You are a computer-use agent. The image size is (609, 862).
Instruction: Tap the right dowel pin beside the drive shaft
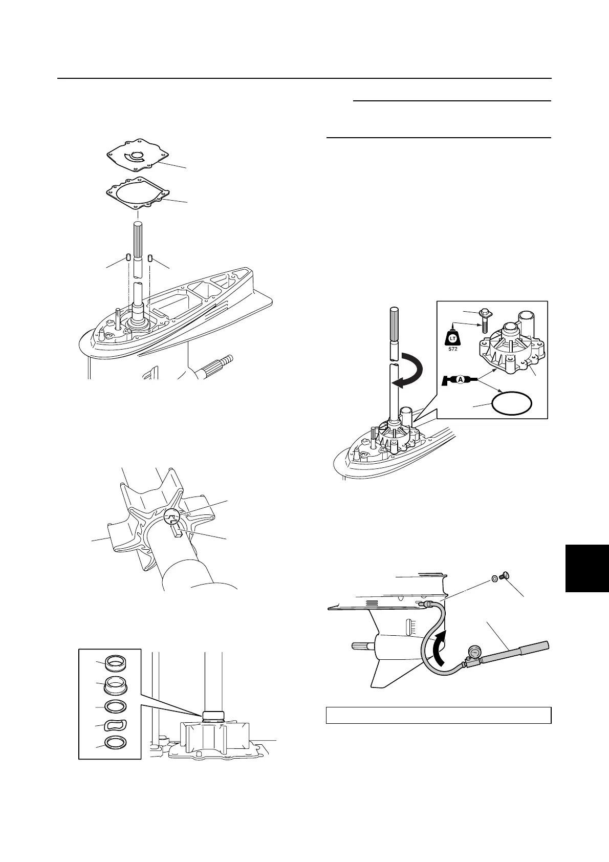click(150, 257)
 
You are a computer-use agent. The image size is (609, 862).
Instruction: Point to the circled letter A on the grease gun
click(460, 380)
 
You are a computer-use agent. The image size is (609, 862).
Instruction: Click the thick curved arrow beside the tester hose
click(438, 646)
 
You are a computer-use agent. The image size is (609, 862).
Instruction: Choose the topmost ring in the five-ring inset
click(117, 663)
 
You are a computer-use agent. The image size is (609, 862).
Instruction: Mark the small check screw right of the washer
click(505, 577)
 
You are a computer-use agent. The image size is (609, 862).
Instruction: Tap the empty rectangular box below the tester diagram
click(438, 715)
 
